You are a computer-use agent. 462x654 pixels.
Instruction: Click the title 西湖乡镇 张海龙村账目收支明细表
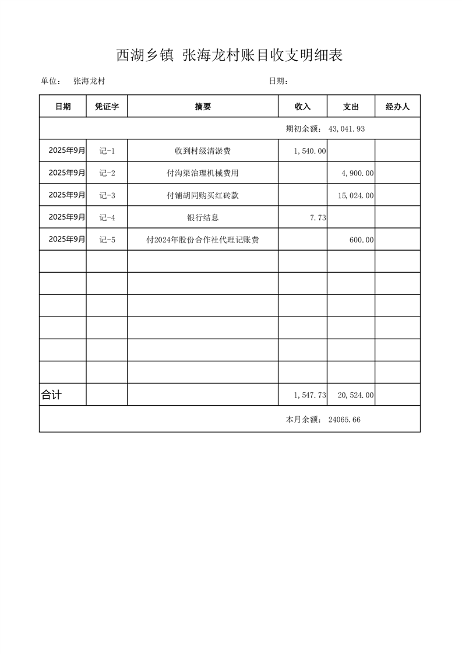(x=230, y=56)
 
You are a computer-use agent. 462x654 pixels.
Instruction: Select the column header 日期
(x=63, y=107)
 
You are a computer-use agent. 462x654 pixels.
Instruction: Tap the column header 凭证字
(x=107, y=107)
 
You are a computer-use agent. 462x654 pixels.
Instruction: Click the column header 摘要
(x=203, y=107)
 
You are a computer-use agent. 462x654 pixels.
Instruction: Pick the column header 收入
(x=302, y=107)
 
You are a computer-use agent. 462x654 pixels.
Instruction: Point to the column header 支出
(x=351, y=107)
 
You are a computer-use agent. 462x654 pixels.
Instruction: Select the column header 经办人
(x=397, y=107)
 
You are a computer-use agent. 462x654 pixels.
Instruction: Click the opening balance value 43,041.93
(x=347, y=129)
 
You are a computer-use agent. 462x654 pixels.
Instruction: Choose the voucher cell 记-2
(x=107, y=173)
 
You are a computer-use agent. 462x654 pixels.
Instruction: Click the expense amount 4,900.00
(x=357, y=173)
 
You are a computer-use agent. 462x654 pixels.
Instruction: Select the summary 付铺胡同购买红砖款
(x=203, y=195)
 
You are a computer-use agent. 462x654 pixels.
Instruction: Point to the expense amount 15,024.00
(x=355, y=195)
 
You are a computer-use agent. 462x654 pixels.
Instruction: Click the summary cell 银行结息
(x=203, y=217)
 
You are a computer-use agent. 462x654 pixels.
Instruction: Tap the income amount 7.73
(x=318, y=217)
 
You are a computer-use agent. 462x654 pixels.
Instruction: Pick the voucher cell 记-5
(x=107, y=240)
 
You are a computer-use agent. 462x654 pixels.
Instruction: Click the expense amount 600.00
(x=362, y=240)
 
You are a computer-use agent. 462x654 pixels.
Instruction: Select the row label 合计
(x=51, y=395)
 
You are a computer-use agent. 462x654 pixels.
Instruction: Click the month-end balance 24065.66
(x=344, y=419)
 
